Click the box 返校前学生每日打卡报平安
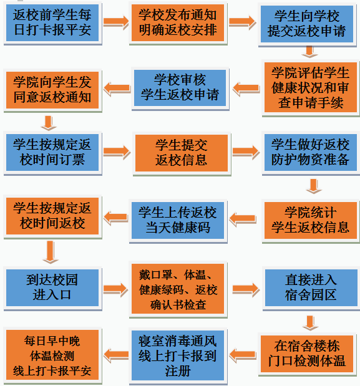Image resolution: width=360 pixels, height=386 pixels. coord(52,22)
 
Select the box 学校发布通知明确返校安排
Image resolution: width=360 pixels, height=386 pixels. coord(178,22)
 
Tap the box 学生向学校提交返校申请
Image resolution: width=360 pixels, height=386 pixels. coord(307,24)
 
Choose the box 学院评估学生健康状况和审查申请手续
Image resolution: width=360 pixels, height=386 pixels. coord(311,87)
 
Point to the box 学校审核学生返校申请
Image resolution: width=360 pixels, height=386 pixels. coord(180,88)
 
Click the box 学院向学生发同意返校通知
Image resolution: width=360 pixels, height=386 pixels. coord(52,90)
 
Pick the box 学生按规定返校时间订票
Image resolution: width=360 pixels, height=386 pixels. coord(52,152)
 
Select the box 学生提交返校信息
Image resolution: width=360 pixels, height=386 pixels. coord(182,153)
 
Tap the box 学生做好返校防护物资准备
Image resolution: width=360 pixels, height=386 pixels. coord(311,152)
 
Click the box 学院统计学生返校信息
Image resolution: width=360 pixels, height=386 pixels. coord(311,220)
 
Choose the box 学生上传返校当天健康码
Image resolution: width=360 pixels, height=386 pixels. coord(178,220)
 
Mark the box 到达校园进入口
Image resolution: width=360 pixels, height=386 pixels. coord(52,287)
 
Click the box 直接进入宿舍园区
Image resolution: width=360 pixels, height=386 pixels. coord(311,287)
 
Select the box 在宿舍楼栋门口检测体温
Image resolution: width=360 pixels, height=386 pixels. coord(307,354)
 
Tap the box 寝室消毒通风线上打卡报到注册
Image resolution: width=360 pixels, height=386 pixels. coord(178,355)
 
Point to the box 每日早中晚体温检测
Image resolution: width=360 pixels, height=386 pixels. coord(52,355)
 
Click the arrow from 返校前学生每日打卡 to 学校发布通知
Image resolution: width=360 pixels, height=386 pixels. coord(115,22)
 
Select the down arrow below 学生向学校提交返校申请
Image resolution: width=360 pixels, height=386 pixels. coord(309,52)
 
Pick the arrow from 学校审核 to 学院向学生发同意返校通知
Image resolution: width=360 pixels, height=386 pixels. coord(117,89)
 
